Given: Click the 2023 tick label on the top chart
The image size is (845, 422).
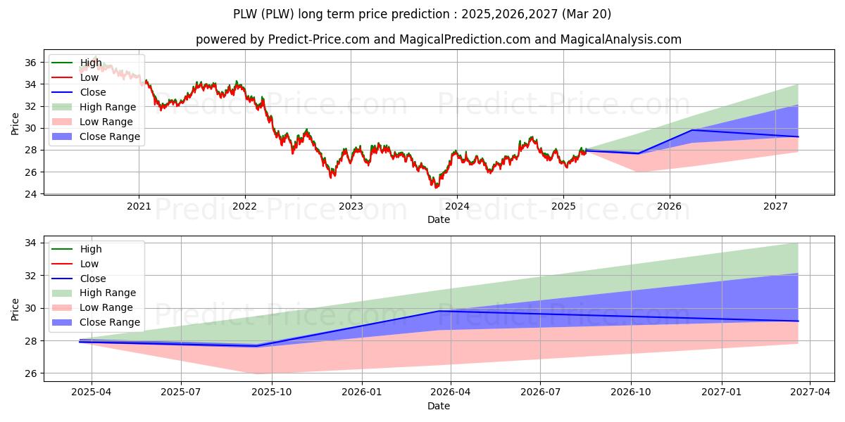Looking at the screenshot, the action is click(x=351, y=206).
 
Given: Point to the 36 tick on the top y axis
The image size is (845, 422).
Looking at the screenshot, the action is click(x=30, y=63).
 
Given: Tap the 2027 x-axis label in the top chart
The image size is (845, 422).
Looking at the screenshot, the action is click(x=775, y=206).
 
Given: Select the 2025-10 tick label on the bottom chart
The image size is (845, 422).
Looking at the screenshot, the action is click(x=272, y=392).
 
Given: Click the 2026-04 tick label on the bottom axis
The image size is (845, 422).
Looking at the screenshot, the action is click(x=451, y=392).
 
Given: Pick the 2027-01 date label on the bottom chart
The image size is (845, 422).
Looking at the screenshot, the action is click(x=722, y=392).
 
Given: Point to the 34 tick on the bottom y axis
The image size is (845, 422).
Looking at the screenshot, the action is click(x=30, y=243).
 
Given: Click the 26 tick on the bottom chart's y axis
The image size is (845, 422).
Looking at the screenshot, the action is click(x=30, y=373).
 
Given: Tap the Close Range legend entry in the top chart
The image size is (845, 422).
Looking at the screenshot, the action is click(x=96, y=136).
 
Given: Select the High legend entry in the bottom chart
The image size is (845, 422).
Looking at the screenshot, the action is click(x=77, y=249).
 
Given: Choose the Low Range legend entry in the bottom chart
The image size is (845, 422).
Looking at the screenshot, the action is click(x=92, y=307).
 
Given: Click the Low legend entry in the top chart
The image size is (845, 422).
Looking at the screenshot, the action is click(x=75, y=77).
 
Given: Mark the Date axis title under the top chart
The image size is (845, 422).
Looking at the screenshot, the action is click(x=438, y=219).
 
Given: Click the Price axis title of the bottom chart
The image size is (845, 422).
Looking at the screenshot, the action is click(x=15, y=309).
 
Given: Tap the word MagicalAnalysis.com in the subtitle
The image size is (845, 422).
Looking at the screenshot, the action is click(x=620, y=39).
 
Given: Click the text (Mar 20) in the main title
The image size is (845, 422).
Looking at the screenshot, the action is click(x=586, y=14).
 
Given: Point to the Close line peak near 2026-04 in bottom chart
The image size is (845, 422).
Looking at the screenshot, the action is click(x=438, y=311).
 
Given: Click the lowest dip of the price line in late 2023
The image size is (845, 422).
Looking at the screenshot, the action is click(x=436, y=187).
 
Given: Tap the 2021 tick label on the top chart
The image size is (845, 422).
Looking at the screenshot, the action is click(x=139, y=206).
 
